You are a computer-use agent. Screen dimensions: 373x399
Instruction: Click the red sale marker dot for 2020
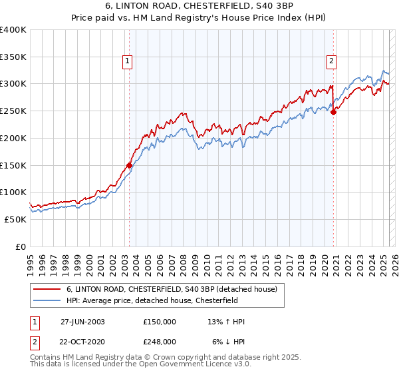(333, 112)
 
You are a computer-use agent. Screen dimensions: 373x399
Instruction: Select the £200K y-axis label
(13, 139)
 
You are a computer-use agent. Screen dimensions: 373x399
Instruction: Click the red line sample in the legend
(49, 288)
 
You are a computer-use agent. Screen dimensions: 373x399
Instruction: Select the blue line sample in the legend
(49, 300)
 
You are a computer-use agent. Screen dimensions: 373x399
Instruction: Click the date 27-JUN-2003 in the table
(82, 322)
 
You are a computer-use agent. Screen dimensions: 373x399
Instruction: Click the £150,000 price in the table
(160, 322)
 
